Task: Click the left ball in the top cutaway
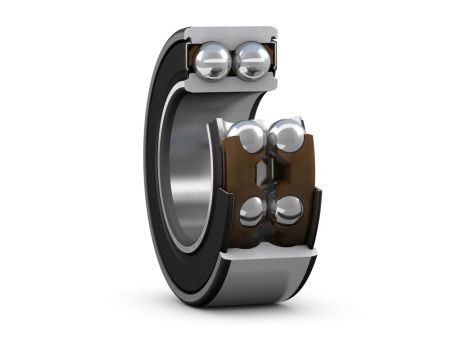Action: (215, 62)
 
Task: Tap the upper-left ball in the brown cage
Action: (246, 136)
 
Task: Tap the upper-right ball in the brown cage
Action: (287, 135)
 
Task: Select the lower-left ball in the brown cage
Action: (254, 210)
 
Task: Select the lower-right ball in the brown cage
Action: (289, 209)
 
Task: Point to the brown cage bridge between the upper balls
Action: (267, 140)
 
